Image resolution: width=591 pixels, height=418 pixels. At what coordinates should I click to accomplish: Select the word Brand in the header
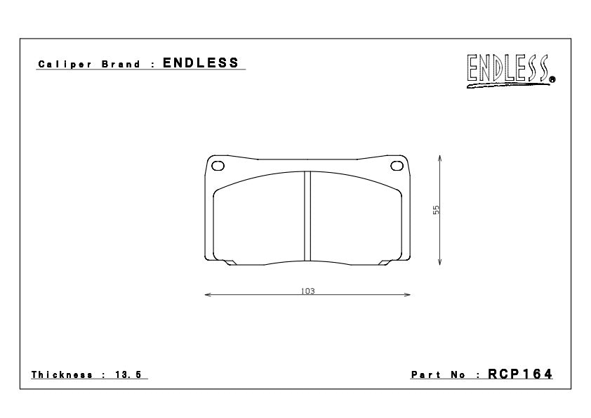(x=121, y=64)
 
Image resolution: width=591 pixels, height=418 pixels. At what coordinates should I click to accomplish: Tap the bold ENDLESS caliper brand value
(x=201, y=63)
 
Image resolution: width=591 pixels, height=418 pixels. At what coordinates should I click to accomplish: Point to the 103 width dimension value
(x=307, y=291)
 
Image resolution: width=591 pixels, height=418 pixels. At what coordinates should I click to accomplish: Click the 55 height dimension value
(x=436, y=210)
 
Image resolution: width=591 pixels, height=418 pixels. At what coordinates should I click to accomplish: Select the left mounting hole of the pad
(x=218, y=166)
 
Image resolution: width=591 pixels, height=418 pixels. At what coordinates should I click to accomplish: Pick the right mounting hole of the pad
(x=397, y=166)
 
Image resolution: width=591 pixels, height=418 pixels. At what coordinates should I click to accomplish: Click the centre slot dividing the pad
(x=307, y=216)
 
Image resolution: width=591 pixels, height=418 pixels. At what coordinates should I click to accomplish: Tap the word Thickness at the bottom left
(x=62, y=374)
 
